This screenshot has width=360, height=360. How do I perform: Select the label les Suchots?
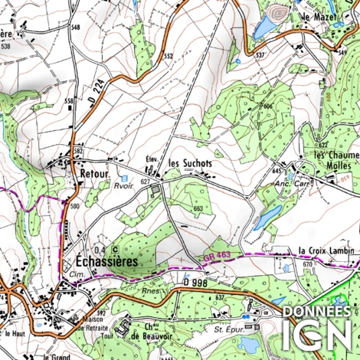coord(190,163)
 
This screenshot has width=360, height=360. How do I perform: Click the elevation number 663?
coord(198,208)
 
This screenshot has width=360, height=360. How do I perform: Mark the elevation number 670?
coord(307,264)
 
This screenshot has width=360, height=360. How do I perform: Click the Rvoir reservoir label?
coord(123,185)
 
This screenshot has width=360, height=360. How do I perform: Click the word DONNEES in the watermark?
coord(319,312)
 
